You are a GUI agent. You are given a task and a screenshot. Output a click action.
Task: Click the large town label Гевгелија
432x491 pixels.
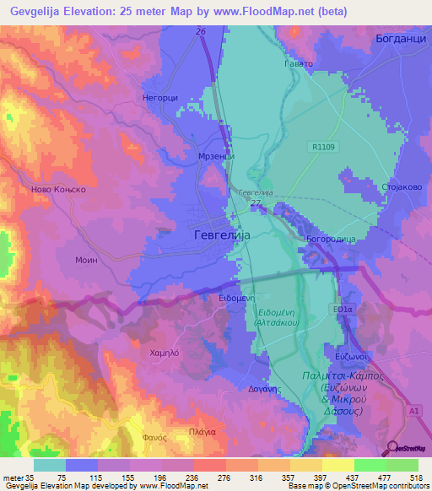223,235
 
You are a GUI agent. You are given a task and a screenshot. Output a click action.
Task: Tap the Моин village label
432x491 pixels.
87,261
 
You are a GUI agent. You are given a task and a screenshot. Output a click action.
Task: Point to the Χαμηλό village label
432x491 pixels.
165,353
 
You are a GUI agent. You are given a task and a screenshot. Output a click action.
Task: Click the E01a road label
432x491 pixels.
343,310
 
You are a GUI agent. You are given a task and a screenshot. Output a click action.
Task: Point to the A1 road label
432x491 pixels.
413,409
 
